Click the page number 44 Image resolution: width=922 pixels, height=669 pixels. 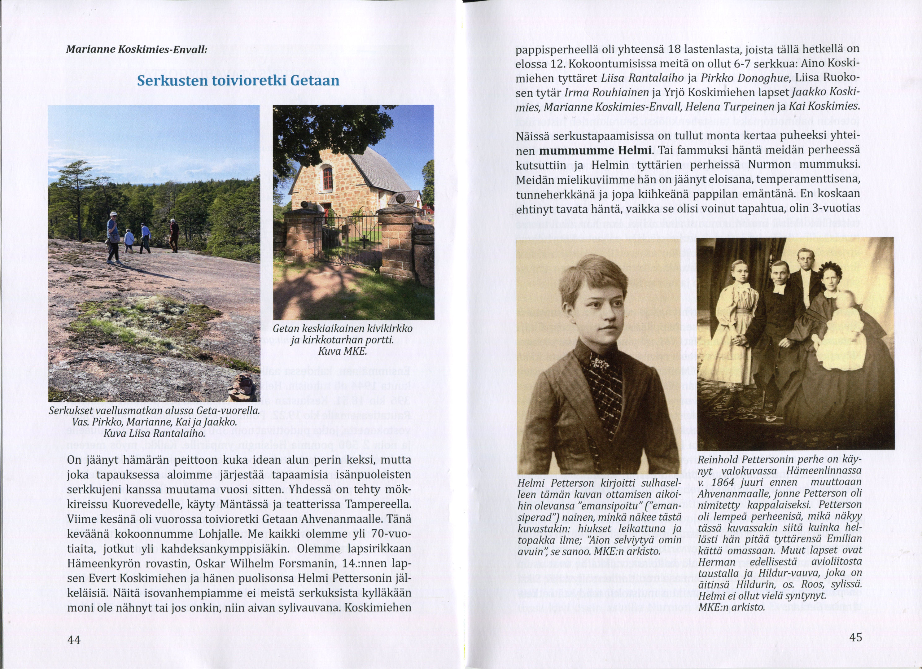click(x=74, y=640)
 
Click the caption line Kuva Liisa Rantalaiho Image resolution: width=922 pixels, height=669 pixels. click(x=154, y=433)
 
